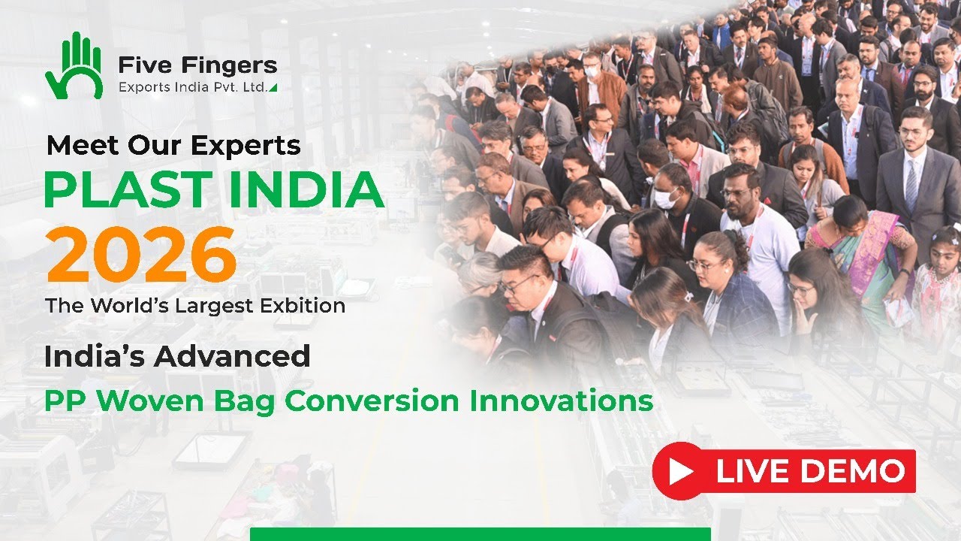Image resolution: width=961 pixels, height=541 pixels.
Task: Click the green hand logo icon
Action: point(74,66)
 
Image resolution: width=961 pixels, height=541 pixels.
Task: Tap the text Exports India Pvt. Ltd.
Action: point(192,88)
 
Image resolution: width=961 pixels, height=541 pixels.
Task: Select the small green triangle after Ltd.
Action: point(273,88)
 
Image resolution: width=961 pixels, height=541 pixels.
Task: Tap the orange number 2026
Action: point(141,255)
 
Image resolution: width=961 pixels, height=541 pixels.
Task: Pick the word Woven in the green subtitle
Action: point(151,400)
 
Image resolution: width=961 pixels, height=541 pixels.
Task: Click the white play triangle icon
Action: point(681,471)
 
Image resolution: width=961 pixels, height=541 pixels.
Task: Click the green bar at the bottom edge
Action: point(480,534)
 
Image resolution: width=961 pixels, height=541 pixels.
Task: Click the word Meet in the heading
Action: point(74,145)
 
